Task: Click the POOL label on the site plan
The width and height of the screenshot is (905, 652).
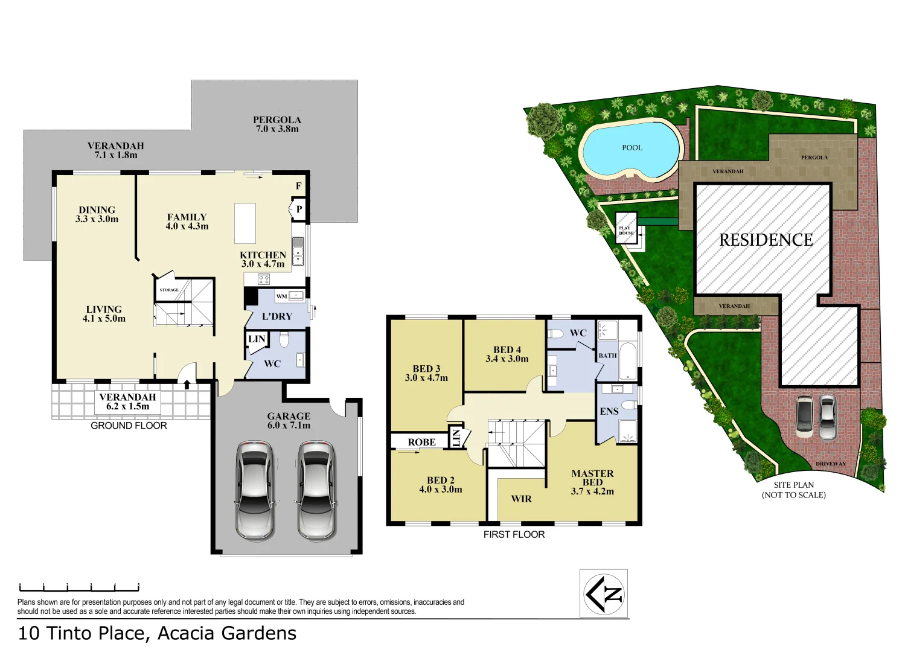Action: coord(632,147)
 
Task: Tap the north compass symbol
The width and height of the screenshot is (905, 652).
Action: coord(604,593)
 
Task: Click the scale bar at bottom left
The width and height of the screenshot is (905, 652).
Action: coord(79,587)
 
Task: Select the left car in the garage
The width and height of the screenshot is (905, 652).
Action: coord(255,490)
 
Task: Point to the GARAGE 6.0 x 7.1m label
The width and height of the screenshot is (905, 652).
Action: coord(289,421)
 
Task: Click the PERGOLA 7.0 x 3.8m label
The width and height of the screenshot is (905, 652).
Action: coord(277,124)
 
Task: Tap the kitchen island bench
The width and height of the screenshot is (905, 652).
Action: coord(245,223)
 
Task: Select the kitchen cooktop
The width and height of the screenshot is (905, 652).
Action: coord(264,279)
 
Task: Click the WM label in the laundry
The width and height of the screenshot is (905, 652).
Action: coord(281,296)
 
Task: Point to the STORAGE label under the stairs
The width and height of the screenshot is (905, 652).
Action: coord(169,290)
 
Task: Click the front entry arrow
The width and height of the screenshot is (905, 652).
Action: coord(187,384)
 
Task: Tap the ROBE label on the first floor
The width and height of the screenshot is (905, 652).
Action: coord(421,443)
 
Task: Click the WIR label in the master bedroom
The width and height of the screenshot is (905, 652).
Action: coord(521,499)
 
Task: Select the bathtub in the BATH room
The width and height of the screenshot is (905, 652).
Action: coord(628,362)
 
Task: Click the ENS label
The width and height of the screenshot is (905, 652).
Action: coord(609,412)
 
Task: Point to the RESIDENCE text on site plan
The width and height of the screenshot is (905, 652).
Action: coord(766,240)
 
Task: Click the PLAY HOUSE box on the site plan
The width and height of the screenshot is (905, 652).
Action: coord(626,229)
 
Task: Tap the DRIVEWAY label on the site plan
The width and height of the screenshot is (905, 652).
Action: coord(831,464)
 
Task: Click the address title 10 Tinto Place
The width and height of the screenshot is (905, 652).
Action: coord(157,633)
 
